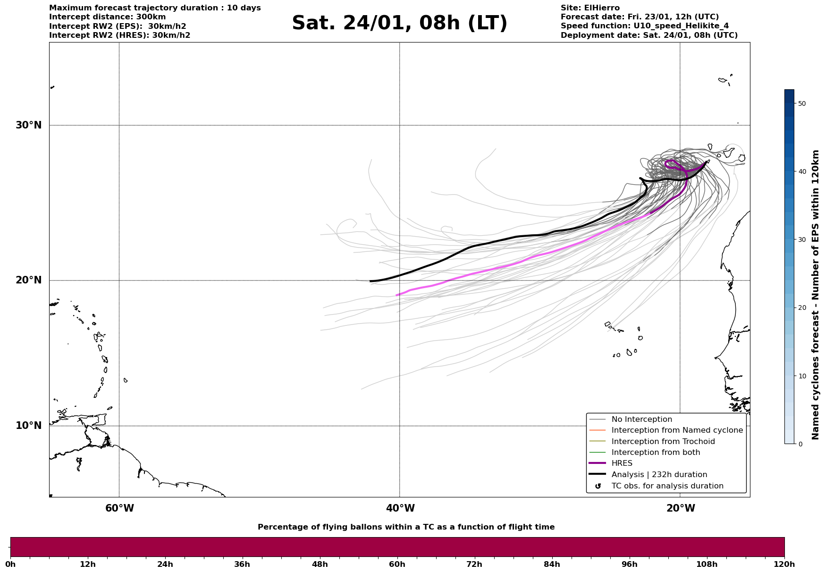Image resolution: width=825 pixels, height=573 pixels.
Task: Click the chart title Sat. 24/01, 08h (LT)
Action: coord(399,23)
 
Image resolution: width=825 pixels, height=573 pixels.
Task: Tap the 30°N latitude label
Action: coord(29,125)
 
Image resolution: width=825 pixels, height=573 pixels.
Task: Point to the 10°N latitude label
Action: coord(29,426)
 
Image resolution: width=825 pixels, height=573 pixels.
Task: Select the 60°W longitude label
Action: coord(119,508)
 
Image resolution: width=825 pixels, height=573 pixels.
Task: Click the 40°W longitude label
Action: coord(400,508)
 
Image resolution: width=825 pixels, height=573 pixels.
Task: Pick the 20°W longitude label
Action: coord(681,508)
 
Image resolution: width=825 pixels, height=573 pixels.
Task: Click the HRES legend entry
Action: coord(622,463)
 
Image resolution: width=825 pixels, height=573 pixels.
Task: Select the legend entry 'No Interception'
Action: coord(641,419)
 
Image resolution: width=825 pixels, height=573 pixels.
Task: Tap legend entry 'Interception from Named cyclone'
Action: coord(677,430)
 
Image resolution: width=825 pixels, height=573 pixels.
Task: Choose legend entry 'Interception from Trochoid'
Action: coord(663,442)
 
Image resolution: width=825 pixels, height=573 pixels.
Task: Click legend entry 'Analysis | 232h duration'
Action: coord(659,475)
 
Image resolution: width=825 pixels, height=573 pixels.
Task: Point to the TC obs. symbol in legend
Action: coord(598,486)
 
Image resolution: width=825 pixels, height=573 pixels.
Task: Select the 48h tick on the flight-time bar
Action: coord(320,564)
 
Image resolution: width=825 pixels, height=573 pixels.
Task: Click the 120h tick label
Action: coord(784,564)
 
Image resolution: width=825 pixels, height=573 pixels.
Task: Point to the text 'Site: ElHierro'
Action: coord(590,8)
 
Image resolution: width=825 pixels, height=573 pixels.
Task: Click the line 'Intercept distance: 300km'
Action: coord(107,17)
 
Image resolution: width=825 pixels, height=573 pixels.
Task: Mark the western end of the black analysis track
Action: coord(370,281)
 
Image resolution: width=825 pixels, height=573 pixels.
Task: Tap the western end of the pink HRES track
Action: coord(396,295)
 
